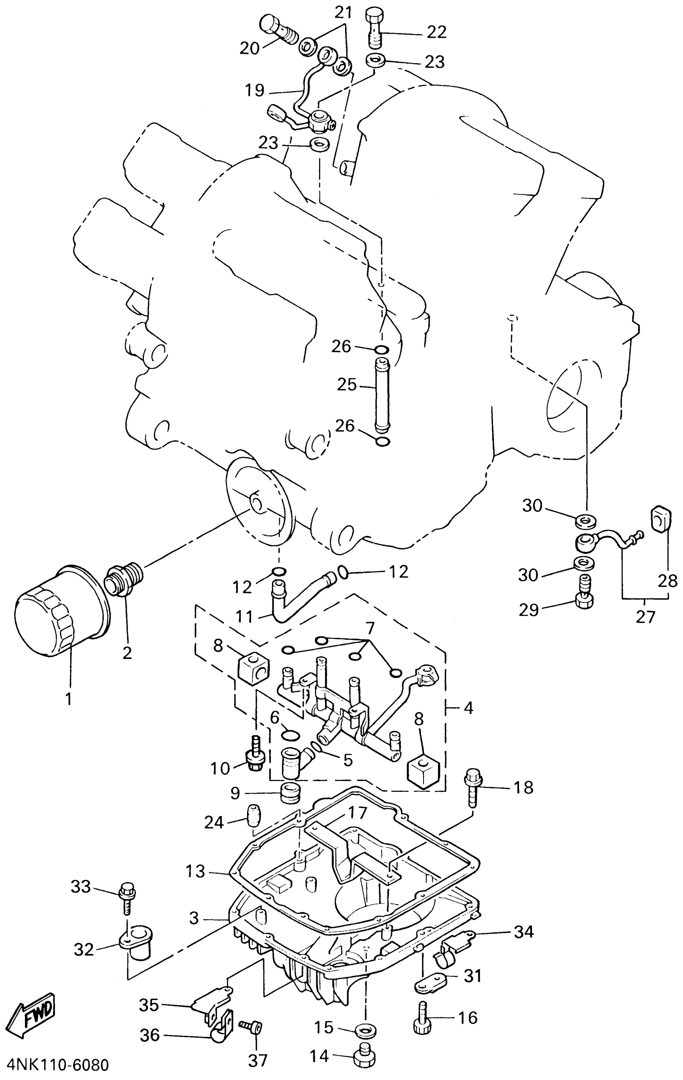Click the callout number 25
346,385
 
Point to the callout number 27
645,616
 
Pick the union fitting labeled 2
125,580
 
